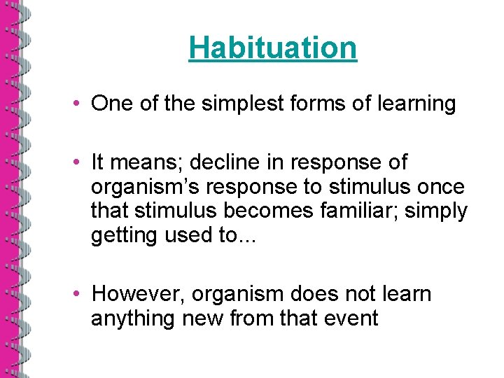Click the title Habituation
click(x=272, y=48)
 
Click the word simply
click(x=437, y=211)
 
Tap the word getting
click(x=124, y=235)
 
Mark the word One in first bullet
click(x=109, y=104)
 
